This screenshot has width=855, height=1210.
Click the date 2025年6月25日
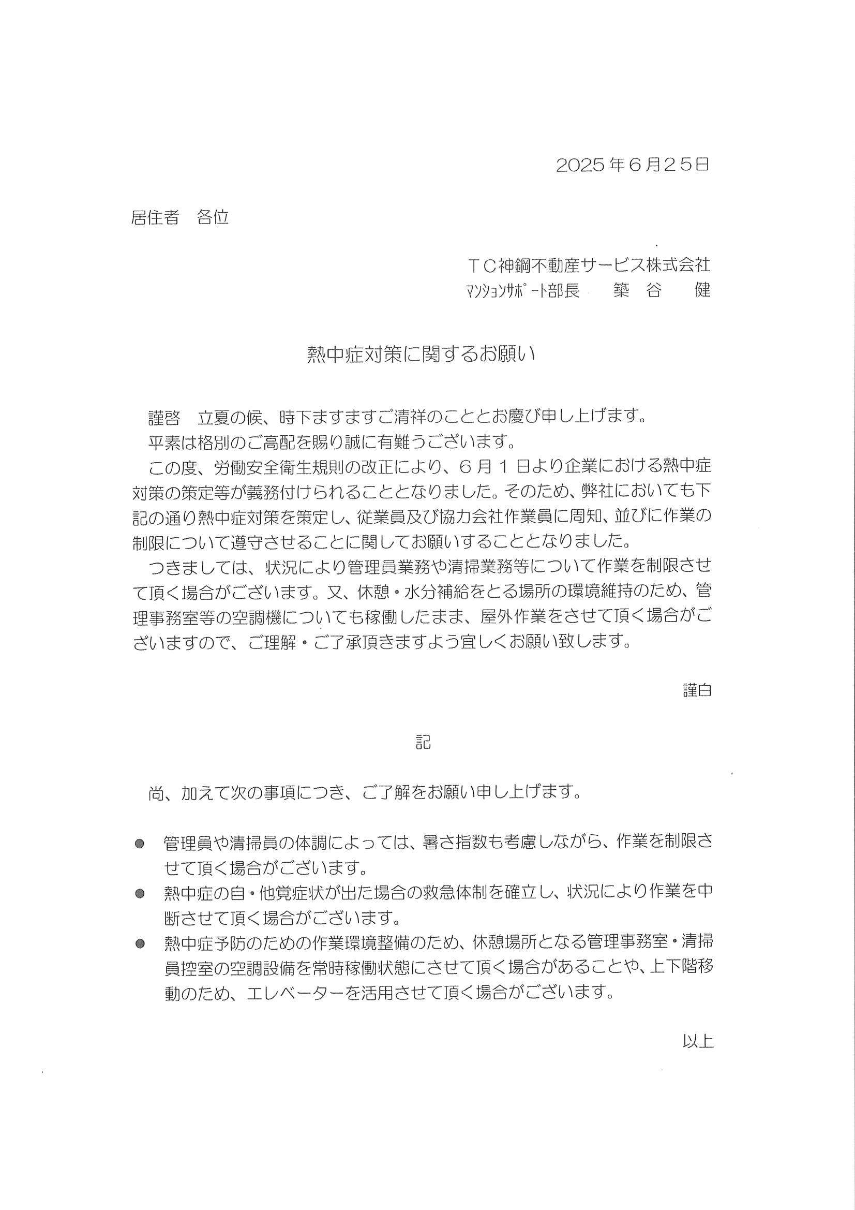[x=632, y=165]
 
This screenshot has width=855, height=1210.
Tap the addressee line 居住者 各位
[x=179, y=217]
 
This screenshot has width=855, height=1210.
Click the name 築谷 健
[x=662, y=290]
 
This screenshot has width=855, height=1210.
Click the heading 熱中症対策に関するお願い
[x=421, y=355]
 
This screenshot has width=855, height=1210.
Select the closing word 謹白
[x=697, y=690]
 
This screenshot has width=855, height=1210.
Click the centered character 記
[x=423, y=743]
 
